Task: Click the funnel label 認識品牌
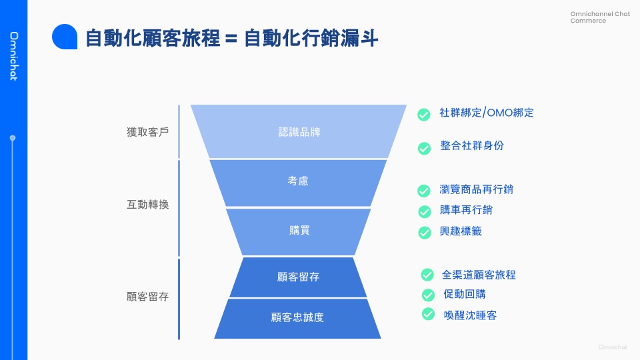(299, 132)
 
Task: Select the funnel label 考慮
(298, 181)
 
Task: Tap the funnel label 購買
(299, 231)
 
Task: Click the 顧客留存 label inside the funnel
(298, 277)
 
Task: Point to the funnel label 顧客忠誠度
(297, 317)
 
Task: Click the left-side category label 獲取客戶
(147, 132)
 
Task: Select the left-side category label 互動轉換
(147, 205)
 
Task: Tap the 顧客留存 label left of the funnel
(147, 297)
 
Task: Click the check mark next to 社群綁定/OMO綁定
(423, 115)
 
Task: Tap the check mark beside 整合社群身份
(424, 148)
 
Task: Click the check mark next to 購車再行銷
(424, 211)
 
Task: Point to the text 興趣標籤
(461, 231)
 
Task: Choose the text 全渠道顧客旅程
(479, 275)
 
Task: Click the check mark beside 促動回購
(428, 295)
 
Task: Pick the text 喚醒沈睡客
(470, 315)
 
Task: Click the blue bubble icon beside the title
(65, 37)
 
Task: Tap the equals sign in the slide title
(231, 39)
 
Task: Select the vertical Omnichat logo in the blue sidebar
(13, 56)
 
